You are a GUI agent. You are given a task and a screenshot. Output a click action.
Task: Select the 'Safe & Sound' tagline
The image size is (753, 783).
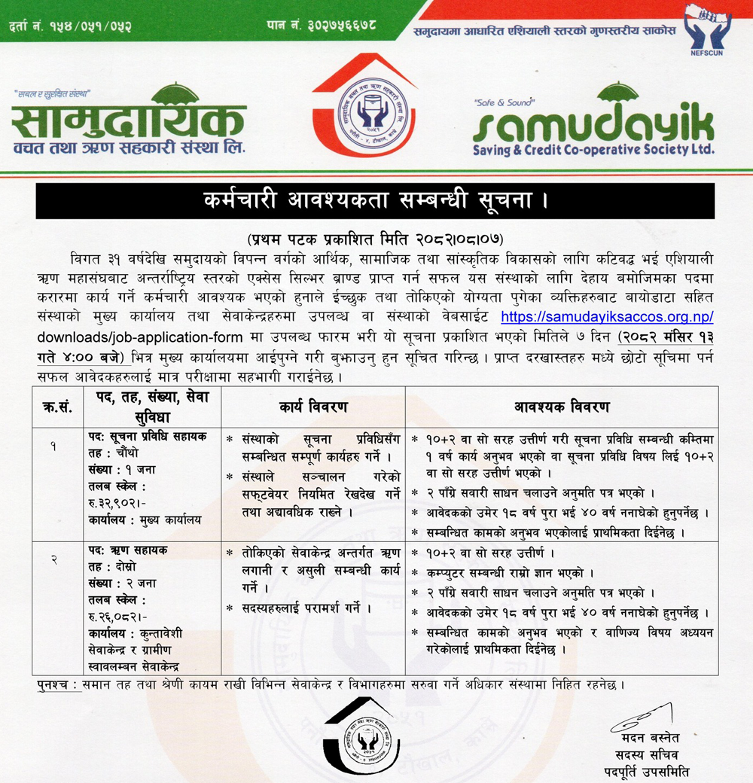point(504,101)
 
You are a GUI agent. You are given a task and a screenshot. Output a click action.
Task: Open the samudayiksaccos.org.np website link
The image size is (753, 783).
point(607,317)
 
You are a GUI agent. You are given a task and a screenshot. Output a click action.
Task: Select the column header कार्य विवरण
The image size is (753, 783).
point(314,407)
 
